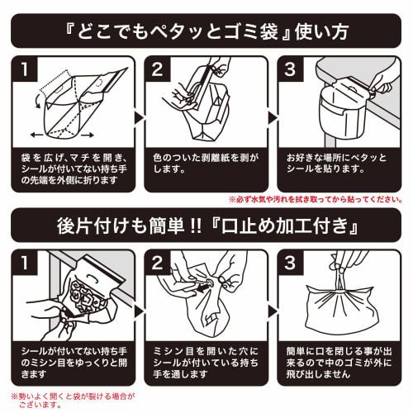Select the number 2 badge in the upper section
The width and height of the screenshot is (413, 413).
coord(157,69)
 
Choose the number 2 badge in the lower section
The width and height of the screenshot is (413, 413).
coord(157,264)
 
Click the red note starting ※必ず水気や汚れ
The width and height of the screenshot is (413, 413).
coord(315,199)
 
